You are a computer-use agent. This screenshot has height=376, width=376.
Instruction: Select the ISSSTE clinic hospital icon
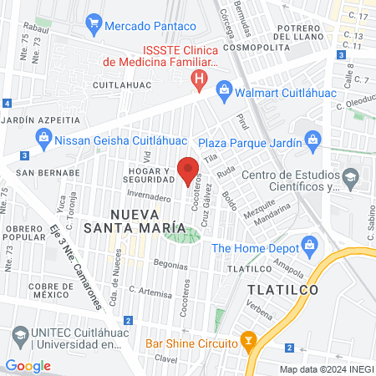coord(199,81)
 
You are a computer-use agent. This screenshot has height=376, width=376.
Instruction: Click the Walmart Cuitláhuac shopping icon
coord(224,89)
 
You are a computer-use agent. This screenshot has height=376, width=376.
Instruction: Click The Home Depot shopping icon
coord(311,246)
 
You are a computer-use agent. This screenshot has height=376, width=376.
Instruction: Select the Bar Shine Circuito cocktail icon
coord(247,340)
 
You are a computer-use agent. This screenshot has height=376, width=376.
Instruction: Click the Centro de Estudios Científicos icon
coord(350,177)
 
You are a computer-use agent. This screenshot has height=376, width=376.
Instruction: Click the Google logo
coord(28,366)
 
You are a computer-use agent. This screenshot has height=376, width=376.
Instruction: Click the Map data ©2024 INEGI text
coord(326,369)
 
